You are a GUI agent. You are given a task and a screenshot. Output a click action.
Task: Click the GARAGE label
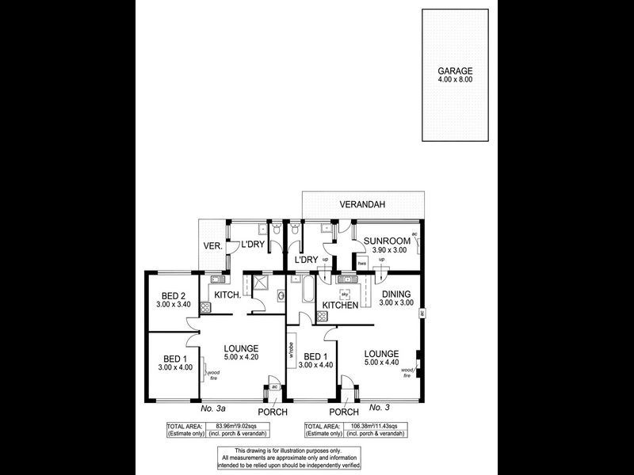(x=455, y=69)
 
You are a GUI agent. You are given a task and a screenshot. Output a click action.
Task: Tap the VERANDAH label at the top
(x=362, y=204)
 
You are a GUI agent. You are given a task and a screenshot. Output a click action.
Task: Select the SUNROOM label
(x=388, y=241)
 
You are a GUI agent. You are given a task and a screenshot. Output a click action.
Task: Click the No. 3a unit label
(x=214, y=408)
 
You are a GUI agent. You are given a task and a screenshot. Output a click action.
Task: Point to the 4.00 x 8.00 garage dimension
(x=455, y=79)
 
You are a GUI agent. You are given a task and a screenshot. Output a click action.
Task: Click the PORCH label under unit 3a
(x=272, y=412)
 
